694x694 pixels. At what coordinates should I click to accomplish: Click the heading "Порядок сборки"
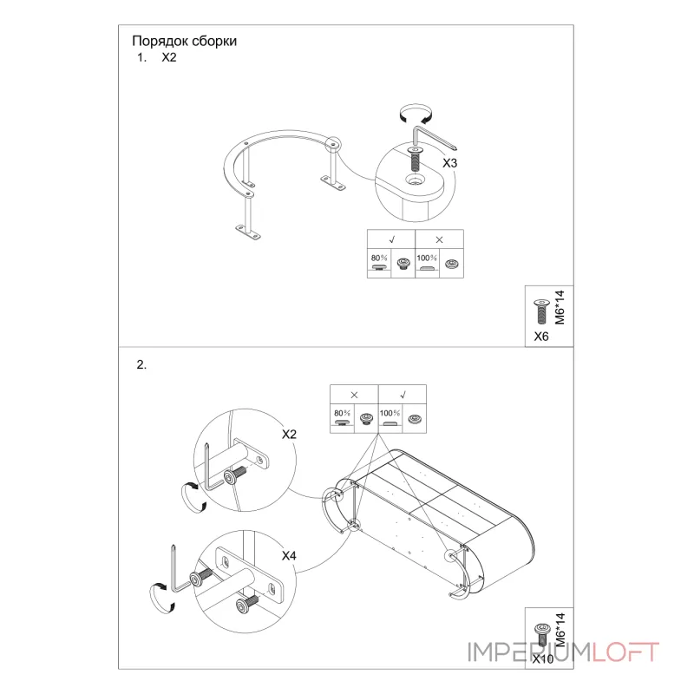coord(184,41)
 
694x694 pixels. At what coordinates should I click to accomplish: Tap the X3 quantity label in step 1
coord(449,163)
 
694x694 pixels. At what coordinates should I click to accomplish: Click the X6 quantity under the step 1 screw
coord(540,337)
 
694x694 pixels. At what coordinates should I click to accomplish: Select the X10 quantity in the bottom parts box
coord(543,659)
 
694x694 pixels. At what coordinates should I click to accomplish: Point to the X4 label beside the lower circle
coord(289,555)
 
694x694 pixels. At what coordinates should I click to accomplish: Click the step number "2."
coord(141,364)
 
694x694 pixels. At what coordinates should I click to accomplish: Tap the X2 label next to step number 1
coord(169,57)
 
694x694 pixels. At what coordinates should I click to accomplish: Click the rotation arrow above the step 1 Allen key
coord(416,114)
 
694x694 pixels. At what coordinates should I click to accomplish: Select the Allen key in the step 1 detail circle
coord(435,138)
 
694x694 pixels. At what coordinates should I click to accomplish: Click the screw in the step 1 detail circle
coord(416,160)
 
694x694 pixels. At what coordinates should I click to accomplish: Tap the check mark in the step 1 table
coord(392,239)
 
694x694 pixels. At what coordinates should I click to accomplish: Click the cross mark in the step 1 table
coord(439,239)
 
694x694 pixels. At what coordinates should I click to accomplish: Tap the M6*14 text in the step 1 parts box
coord(560,307)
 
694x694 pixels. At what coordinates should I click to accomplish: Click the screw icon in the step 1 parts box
coord(540,311)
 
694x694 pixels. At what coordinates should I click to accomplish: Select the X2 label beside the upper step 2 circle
coord(289,435)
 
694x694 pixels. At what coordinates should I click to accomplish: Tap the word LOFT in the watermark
coord(625,652)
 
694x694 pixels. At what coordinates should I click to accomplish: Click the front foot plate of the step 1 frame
coord(248,232)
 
